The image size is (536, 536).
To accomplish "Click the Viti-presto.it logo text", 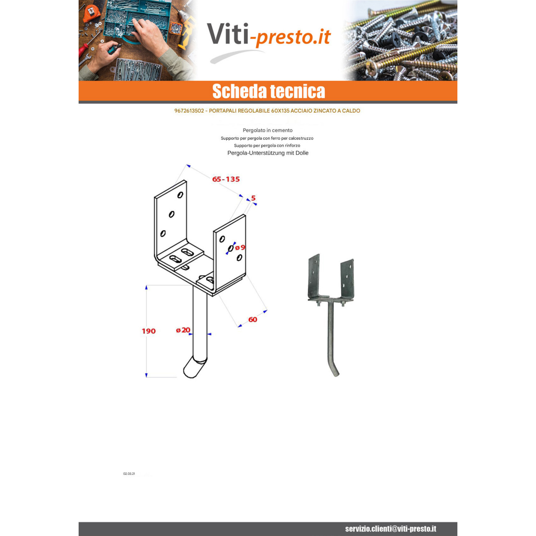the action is [269, 35].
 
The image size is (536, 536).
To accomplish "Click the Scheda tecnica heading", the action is [269, 91].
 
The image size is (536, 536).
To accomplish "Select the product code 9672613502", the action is [189, 111].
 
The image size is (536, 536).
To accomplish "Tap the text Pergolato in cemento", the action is [268, 130].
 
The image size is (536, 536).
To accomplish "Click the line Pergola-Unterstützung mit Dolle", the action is [268, 153].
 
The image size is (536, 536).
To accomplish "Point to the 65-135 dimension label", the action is [226, 179].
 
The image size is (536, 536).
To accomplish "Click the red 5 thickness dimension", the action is [253, 198].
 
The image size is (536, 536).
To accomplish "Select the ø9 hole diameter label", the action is [240, 247].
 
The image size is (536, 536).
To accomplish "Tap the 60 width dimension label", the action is [253, 319].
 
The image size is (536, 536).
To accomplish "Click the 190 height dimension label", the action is [149, 331].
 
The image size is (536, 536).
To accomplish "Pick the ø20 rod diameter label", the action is [183, 330].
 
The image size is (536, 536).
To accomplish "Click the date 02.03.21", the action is [129, 474].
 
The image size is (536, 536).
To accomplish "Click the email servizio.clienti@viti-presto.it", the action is [391, 529].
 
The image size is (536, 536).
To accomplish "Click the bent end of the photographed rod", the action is [335, 370].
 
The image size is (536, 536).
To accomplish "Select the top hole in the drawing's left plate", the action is [180, 195].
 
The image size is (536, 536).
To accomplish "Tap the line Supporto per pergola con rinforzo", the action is [267, 145].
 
